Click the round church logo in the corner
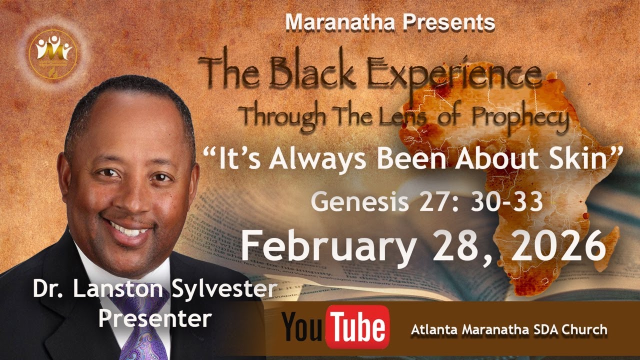tap(54, 50)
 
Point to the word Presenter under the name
tap(154, 318)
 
